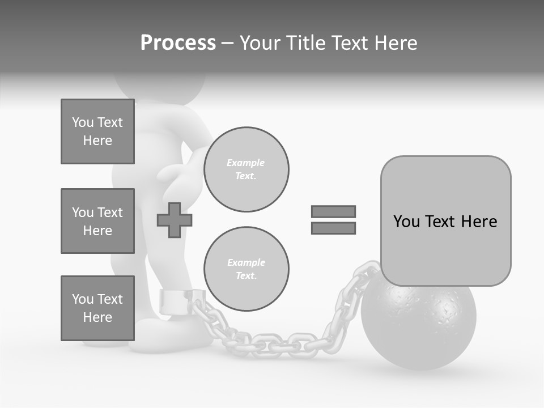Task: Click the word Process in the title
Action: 178,43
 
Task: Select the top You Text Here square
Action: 97,131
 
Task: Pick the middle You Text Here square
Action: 97,221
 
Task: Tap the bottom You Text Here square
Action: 97,308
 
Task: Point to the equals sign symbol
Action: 333,220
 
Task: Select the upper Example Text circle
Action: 246,169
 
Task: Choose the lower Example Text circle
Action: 246,269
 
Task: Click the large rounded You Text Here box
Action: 445,221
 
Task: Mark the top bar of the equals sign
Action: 333,212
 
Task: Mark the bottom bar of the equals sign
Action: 333,228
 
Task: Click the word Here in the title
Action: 396,43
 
